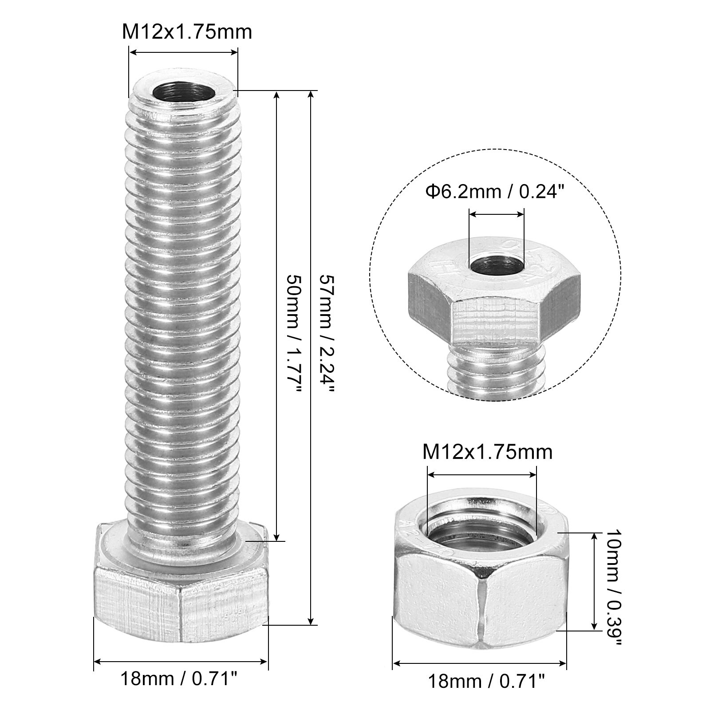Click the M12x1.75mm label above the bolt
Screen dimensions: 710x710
187,32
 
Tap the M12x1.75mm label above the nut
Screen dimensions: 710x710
487,452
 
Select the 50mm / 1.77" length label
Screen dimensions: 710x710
295,333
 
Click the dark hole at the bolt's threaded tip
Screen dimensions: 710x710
183,93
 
